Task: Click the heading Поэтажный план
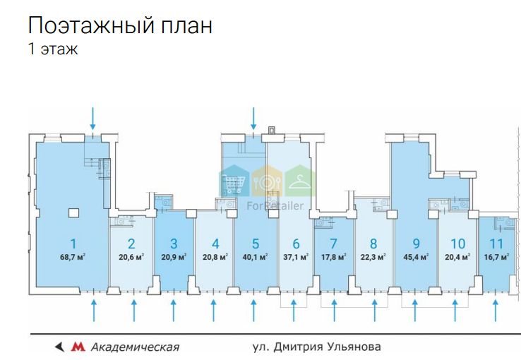pos(120,27)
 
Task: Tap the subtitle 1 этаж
pos(53,50)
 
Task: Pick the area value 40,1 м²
pos(254,257)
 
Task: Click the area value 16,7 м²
pos(496,257)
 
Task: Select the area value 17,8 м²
pos(334,257)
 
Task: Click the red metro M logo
pos(78,347)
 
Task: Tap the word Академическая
pos(134,347)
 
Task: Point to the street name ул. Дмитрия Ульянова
pos(316,347)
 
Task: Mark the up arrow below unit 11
pos(496,310)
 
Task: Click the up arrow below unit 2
pos(133,310)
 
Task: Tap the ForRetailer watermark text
pos(275,205)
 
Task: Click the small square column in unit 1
pos(73,212)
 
